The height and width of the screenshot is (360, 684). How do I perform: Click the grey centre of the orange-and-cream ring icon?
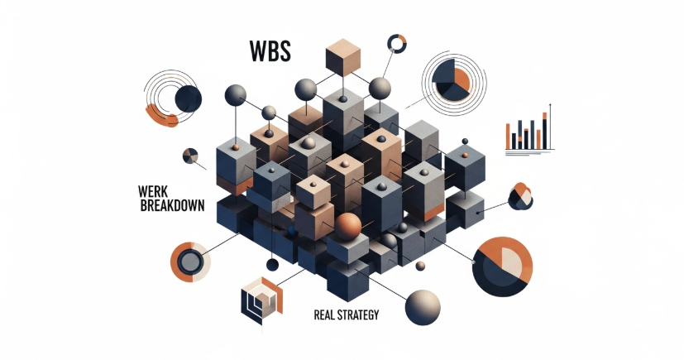(189, 262)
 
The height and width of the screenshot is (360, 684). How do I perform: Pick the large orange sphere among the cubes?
(349, 224)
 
